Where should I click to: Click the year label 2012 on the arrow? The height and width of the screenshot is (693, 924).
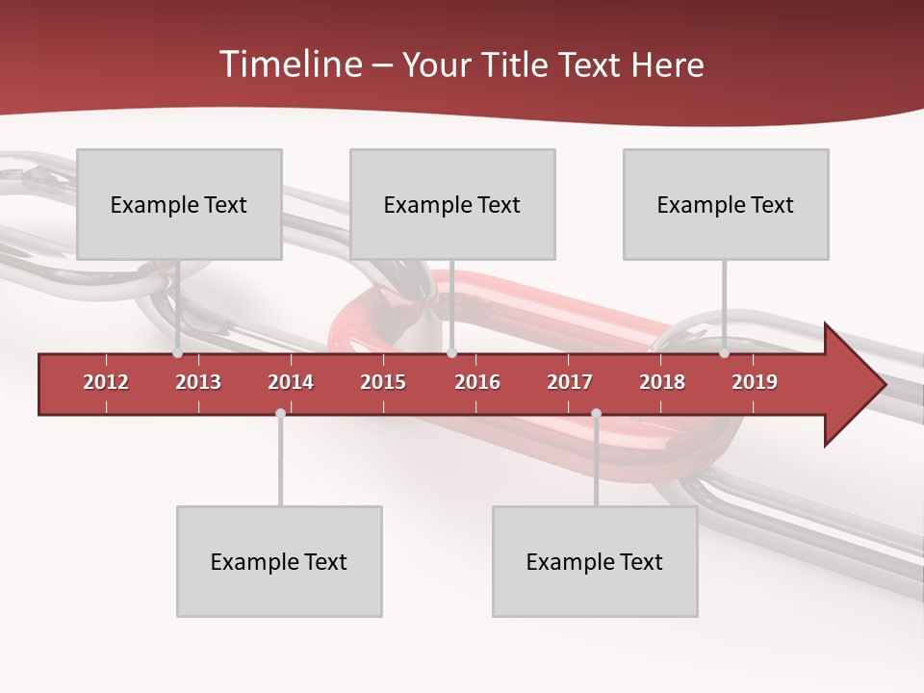[106, 382]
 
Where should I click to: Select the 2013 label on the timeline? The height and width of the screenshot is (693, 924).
[198, 382]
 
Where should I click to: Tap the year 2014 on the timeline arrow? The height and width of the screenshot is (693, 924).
[291, 382]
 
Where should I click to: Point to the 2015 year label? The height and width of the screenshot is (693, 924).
[383, 382]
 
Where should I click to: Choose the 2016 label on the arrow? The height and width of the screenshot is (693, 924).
[477, 382]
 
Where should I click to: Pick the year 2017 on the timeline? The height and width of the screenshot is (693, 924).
[570, 382]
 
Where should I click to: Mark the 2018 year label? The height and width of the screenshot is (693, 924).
[662, 382]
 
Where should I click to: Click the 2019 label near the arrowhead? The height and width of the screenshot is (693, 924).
[755, 382]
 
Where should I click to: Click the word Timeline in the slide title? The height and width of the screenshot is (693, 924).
[289, 64]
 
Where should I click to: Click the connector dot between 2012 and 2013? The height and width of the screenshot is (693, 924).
[177, 353]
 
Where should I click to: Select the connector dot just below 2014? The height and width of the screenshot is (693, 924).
[280, 413]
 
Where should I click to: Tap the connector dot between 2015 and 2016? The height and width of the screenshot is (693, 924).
[451, 353]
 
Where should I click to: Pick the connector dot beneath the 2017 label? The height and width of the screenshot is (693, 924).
[596, 413]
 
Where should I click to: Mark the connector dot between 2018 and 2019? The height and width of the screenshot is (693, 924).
[724, 353]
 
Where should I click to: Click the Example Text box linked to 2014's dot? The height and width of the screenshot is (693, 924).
[279, 561]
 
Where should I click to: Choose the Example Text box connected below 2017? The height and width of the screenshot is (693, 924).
[595, 561]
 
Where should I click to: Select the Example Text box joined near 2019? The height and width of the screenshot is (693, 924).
[726, 204]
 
